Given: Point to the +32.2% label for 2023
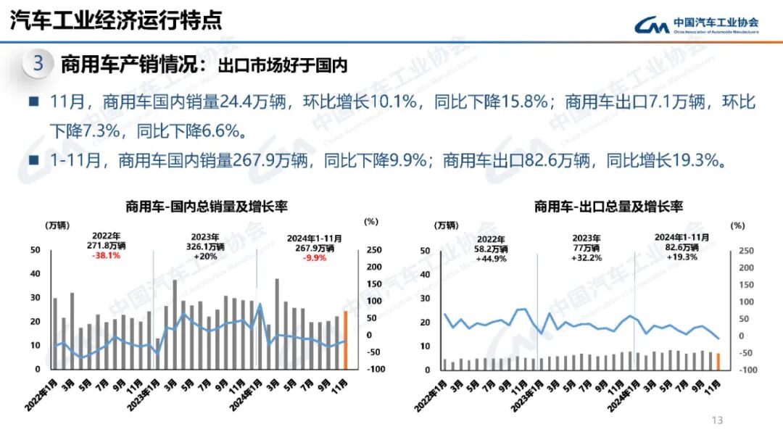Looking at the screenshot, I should click(x=587, y=257).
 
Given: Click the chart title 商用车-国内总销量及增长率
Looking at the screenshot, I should click(x=206, y=207).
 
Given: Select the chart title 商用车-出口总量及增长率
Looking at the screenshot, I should click(x=608, y=207).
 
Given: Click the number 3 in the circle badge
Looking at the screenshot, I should click(x=38, y=64).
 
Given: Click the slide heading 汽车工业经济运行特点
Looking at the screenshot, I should click(x=116, y=20).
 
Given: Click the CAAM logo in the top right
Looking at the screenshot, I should click(x=696, y=25).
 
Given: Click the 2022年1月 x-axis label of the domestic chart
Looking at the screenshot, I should click(x=41, y=394).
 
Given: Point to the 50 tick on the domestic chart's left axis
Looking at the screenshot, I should click(x=36, y=250).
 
